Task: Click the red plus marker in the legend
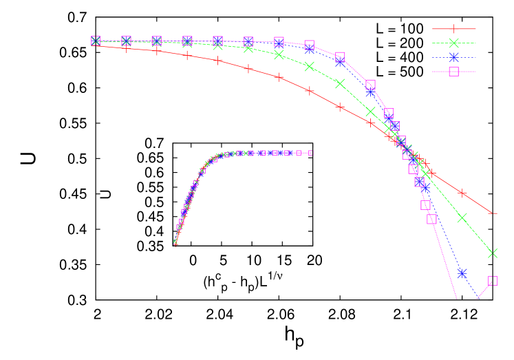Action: [453, 29]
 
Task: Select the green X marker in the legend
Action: [453, 43]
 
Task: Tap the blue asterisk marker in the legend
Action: [453, 57]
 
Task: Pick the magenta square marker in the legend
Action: [453, 71]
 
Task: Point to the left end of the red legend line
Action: [433, 29]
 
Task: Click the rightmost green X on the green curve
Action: [493, 253]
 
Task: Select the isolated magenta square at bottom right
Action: [493, 281]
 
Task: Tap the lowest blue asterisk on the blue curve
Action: [462, 273]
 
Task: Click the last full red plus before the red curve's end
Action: [462, 193]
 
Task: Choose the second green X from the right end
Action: [462, 218]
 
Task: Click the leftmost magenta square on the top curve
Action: [96, 41]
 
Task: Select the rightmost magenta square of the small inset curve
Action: [310, 153]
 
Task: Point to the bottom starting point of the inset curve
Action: [175, 243]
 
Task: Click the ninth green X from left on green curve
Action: [340, 83]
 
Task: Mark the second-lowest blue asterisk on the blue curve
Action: [425, 187]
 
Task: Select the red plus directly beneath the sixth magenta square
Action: [248, 68]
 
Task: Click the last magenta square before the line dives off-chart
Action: [431, 219]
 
